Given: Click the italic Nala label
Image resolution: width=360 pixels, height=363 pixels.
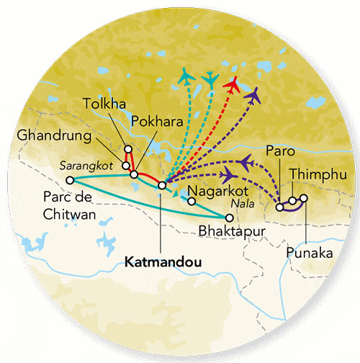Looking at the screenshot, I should pyautogui.click(x=240, y=204).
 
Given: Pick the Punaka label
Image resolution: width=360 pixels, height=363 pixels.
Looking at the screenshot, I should pyautogui.click(x=308, y=254).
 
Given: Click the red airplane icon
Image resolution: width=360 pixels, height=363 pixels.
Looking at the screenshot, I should pyautogui.click(x=232, y=84).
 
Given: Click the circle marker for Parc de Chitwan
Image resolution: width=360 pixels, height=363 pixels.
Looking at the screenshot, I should pyautogui.click(x=70, y=180).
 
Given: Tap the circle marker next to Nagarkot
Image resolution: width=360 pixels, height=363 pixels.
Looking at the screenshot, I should pyautogui.click(x=191, y=202).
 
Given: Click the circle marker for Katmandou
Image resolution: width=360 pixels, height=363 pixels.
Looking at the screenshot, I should pyautogui.click(x=162, y=186).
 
